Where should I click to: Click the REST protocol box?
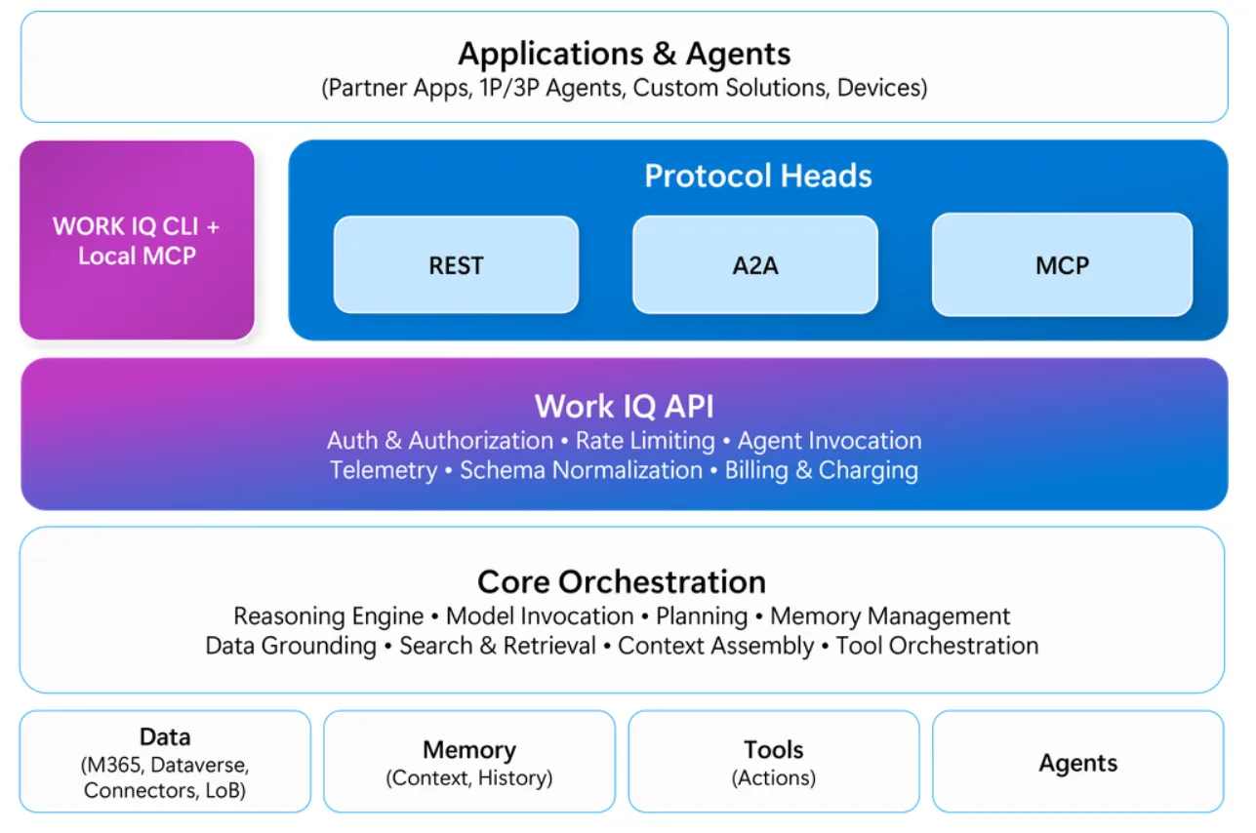(456, 264)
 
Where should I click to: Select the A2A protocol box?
(755, 264)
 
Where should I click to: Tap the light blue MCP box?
(1062, 264)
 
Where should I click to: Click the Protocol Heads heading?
(758, 176)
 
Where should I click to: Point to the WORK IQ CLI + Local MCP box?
(137, 240)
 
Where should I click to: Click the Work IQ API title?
(624, 406)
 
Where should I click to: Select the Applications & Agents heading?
(624, 54)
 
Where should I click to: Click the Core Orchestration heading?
(622, 582)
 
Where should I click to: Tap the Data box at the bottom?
(165, 761)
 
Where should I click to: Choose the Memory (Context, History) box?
(469, 761)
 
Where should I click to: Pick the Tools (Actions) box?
(774, 761)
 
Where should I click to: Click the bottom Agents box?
(1078, 761)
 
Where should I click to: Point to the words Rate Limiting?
(645, 441)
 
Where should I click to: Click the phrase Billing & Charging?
(822, 470)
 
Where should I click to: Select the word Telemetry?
(384, 470)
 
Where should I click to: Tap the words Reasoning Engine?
(329, 616)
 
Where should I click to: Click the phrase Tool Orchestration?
(937, 646)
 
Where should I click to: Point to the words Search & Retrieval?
(498, 646)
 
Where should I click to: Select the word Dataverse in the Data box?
(199, 765)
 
